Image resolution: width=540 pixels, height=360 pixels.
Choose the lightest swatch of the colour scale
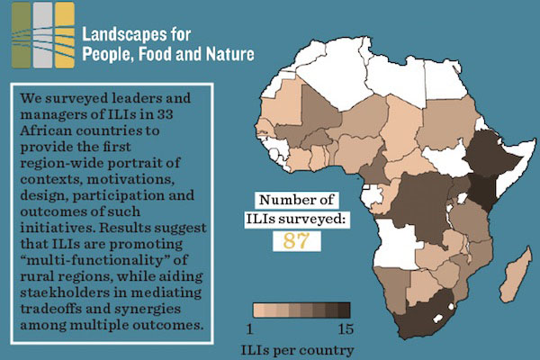coord(261,310)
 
